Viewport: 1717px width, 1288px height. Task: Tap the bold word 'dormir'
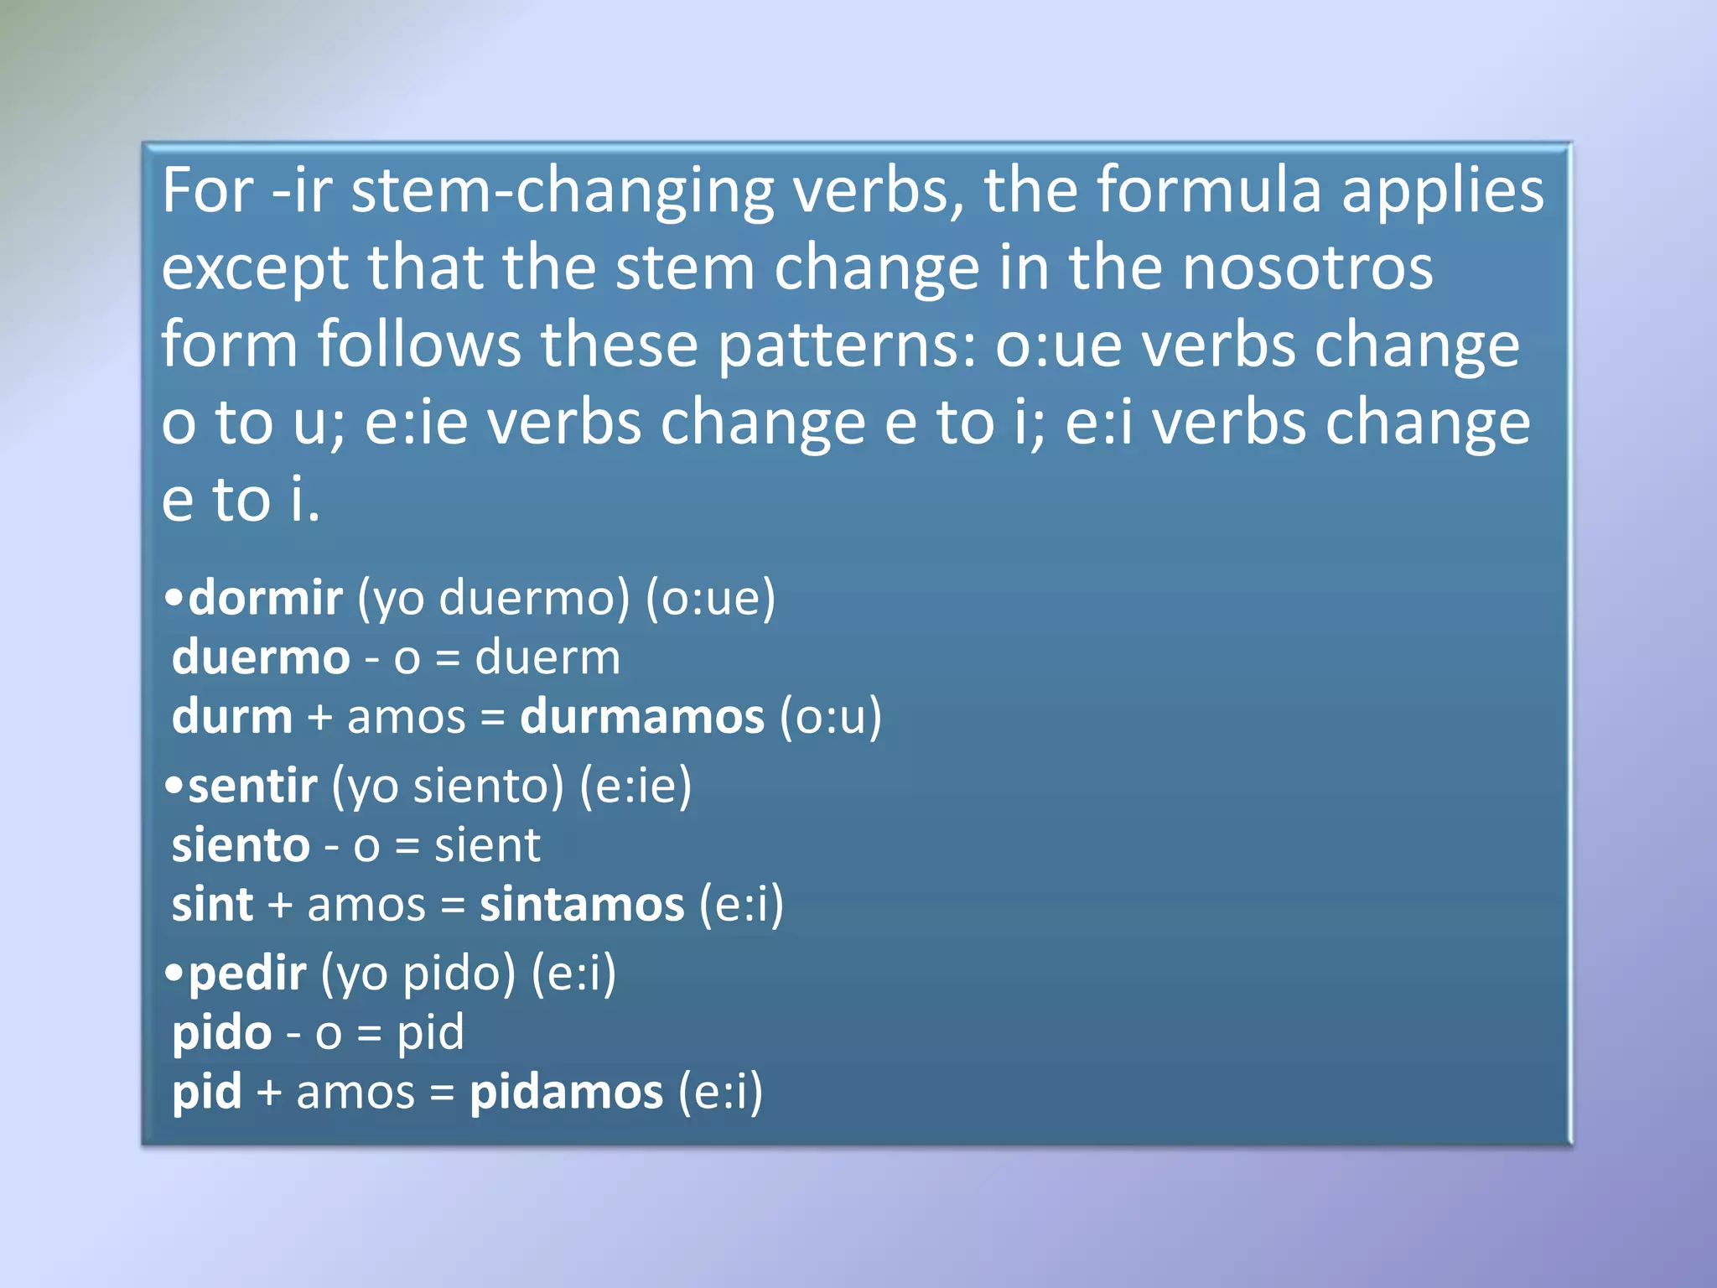(265, 598)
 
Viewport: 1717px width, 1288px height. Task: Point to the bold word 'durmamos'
(642, 718)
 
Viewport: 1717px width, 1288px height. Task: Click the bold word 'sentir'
(252, 786)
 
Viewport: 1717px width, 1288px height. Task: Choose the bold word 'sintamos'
(582, 905)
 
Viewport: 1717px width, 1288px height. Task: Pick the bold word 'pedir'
(247, 974)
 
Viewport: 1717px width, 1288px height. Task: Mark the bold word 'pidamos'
(566, 1093)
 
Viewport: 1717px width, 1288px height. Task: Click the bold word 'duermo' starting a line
(261, 657)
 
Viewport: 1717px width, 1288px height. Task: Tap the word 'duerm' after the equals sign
(547, 657)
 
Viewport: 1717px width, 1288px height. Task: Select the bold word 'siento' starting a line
(241, 845)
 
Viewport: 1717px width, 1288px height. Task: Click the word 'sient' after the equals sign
(487, 845)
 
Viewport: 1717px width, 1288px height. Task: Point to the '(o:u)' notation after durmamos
(831, 718)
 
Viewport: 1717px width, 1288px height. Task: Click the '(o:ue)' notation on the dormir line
(711, 598)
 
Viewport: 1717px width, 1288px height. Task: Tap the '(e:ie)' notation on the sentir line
(636, 786)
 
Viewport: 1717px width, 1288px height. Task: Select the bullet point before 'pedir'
(174, 973)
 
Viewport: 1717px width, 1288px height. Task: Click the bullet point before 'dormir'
(174, 597)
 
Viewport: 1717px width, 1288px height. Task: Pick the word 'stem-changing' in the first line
(562, 192)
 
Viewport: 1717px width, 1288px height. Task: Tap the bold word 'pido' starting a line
(221, 1033)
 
